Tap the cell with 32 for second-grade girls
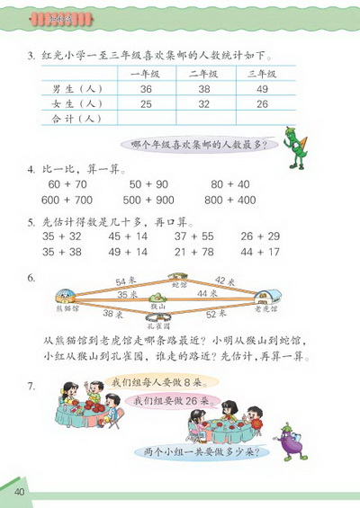pyautogui.click(x=203, y=103)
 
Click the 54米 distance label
pyautogui.click(x=114, y=283)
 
